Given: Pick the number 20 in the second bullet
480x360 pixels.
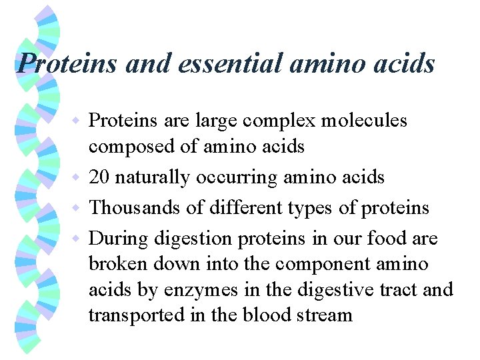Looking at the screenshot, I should (100, 177).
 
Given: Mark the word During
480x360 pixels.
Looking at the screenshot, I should (119, 238).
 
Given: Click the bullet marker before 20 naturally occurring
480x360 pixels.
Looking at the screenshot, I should (79, 178).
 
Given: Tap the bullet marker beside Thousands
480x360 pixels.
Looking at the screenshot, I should (79, 208).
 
